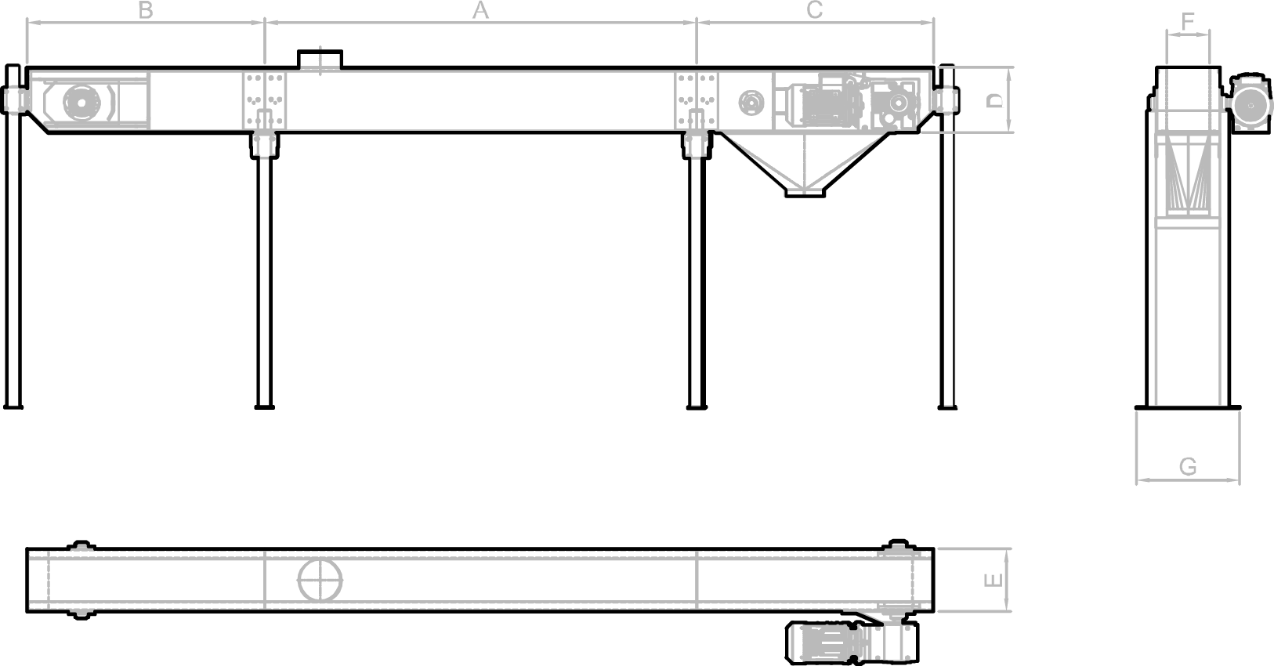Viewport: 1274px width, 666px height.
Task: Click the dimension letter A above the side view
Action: point(480,10)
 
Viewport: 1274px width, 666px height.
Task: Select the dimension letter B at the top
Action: point(146,10)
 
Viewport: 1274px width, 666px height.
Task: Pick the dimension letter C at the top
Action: point(814,9)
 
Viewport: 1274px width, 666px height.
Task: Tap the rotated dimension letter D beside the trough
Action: point(994,100)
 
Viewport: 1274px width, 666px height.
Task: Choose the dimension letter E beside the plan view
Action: point(993,580)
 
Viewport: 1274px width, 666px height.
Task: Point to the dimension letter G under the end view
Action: point(1188,467)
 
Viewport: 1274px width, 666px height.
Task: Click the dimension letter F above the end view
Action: point(1188,22)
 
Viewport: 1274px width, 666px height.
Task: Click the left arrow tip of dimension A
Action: point(266,23)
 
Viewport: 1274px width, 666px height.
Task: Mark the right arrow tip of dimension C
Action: point(933,23)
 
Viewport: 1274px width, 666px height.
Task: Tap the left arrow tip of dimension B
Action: point(27,23)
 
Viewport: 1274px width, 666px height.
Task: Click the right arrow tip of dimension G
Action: point(1240,480)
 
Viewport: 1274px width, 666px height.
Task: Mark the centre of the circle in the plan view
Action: point(320,581)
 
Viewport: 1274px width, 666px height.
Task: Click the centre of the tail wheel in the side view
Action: point(82,103)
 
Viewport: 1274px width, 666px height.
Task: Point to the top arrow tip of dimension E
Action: point(1006,549)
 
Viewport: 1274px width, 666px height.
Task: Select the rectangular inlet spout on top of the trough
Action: point(320,59)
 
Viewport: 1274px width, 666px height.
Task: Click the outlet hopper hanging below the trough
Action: point(805,165)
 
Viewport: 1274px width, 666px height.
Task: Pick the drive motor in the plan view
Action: point(852,642)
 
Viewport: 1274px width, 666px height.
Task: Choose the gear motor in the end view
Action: point(1250,103)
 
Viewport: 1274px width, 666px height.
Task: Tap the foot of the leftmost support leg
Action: point(13,407)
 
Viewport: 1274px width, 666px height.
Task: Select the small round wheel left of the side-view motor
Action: point(751,103)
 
